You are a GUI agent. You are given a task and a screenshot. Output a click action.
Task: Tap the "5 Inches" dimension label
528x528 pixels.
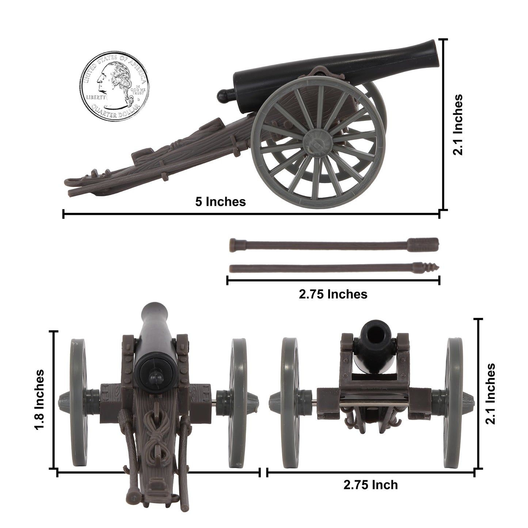(220, 201)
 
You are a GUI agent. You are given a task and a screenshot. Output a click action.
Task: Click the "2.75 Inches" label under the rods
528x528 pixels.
(333, 294)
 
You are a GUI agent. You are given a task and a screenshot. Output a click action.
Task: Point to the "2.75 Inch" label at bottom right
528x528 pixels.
(370, 485)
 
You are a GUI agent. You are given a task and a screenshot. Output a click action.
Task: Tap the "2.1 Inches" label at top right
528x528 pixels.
(458, 125)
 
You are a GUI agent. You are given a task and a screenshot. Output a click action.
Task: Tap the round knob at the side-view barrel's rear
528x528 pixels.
(223, 96)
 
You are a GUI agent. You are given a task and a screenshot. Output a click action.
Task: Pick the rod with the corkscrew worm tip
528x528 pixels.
(333, 267)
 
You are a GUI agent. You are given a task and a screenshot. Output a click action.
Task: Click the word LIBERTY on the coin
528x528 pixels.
(96, 98)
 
